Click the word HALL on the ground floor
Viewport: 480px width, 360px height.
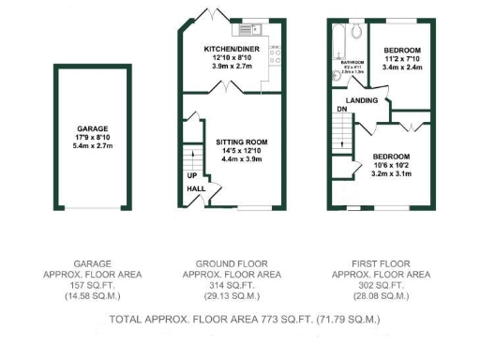(x=197, y=188)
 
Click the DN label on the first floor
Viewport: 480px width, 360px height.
(x=341, y=109)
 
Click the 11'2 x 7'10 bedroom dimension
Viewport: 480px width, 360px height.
(x=400, y=58)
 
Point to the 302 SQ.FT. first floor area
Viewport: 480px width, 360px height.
(x=382, y=284)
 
